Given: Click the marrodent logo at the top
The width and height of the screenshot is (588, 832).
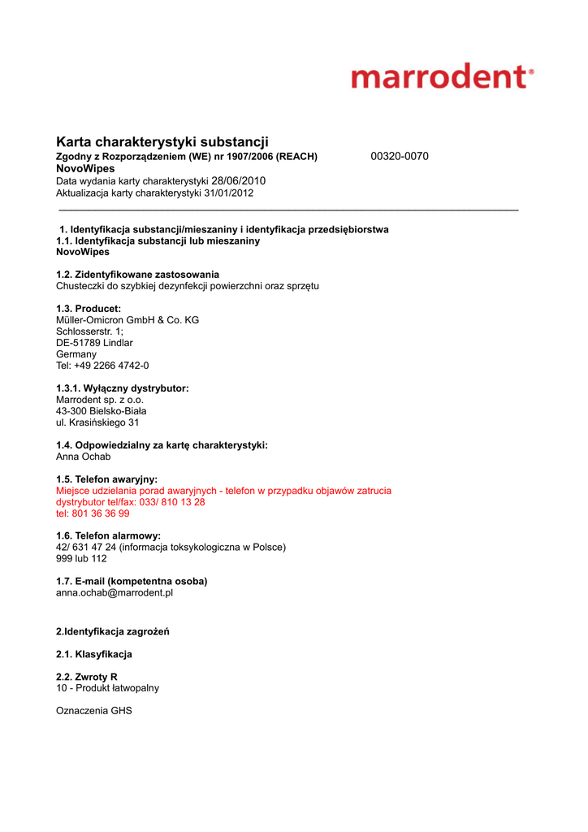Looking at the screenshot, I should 443,78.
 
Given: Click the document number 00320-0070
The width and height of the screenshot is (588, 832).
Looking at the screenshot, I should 399,156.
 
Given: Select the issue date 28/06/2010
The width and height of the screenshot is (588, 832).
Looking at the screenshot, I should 239,180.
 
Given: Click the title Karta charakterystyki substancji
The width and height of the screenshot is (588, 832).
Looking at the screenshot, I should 162,141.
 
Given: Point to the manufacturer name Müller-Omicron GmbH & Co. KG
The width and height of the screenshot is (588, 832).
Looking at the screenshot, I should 128,320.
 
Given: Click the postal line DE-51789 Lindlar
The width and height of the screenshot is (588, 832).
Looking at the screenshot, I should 94,343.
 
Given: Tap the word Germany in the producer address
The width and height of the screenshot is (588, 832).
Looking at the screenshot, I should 76,354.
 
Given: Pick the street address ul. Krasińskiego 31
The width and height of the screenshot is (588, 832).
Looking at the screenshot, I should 97,422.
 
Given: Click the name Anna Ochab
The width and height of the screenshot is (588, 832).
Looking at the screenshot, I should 83,457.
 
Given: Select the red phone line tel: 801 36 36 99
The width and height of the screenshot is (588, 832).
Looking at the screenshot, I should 93,513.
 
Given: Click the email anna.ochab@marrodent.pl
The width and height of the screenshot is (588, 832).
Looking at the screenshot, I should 115,593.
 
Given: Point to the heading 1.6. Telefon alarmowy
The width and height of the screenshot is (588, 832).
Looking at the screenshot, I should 108,535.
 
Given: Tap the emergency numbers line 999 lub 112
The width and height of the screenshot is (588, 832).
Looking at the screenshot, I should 81,559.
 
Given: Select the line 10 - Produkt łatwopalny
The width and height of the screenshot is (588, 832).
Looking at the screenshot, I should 107,688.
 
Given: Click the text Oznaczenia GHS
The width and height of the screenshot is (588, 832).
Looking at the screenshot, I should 93,711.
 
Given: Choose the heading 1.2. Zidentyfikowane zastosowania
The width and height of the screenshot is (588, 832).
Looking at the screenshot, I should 137,275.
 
